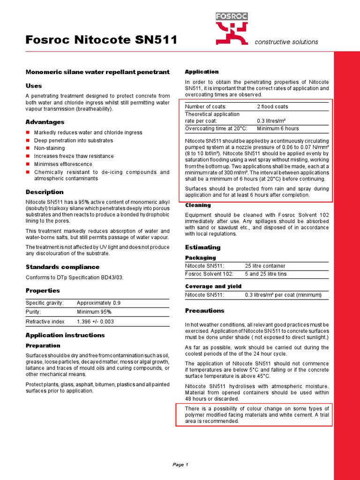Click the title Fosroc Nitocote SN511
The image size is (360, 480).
[101, 41]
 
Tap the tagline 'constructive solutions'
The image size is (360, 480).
[286, 42]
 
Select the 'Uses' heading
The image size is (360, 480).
[33, 86]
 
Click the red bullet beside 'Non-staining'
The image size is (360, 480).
[28, 148]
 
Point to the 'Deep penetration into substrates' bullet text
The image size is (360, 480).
[74, 140]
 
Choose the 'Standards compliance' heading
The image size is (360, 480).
[62, 267]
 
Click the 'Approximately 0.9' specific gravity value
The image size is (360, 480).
[98, 303]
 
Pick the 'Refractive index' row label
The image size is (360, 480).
[45, 322]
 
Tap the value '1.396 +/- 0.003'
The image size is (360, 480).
[95, 322]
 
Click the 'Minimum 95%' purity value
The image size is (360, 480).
[94, 311]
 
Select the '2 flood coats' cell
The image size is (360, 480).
[272, 106]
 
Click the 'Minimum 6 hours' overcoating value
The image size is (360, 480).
[277, 128]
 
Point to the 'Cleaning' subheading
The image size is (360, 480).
[198, 205]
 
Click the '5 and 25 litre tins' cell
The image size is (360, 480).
[266, 274]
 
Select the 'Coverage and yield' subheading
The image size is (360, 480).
[213, 286]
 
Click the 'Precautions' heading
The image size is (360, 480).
[205, 310]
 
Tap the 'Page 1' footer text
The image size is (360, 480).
[180, 465]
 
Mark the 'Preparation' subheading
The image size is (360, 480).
[43, 345]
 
